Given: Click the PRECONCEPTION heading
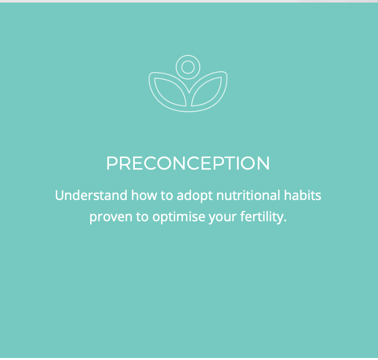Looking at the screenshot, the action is click(x=188, y=163).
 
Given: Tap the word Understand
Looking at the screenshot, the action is click(x=91, y=195).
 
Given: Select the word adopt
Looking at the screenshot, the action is click(x=195, y=195).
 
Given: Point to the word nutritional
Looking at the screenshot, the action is click(x=248, y=195).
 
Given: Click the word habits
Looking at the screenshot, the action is click(x=303, y=195).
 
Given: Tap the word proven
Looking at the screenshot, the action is click(x=110, y=217).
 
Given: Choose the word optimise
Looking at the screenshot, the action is click(x=178, y=217).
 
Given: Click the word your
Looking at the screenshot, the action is click(x=222, y=218).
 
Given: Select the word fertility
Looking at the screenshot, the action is click(x=261, y=217).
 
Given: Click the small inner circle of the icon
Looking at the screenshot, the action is click(x=188, y=67).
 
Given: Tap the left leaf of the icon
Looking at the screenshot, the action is click(x=170, y=92).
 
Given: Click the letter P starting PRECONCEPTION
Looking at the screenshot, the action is click(x=112, y=163).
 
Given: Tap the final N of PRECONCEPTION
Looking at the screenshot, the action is click(x=263, y=163).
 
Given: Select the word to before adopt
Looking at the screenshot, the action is click(x=167, y=195).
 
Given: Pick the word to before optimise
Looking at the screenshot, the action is click(x=142, y=217).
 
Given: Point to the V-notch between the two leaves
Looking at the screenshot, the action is click(x=189, y=93).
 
